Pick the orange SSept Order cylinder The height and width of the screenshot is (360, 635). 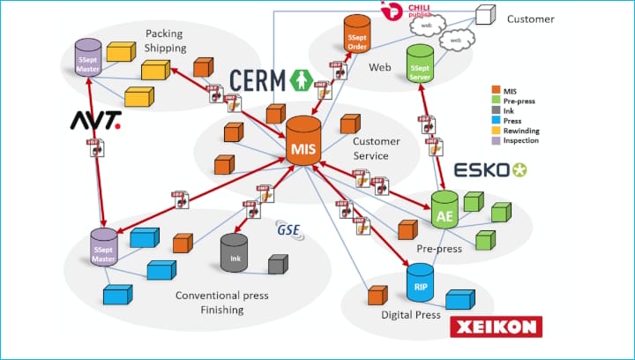pos(357,34)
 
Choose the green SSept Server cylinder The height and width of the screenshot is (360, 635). pos(420,65)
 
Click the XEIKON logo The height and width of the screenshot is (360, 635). pos(496,326)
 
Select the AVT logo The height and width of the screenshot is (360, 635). pos(94,118)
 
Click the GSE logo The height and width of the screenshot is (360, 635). pos(288,231)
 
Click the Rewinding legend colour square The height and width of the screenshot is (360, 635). pos(494,131)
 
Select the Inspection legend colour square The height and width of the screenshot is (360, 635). pos(494,141)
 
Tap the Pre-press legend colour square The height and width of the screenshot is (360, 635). pos(494,101)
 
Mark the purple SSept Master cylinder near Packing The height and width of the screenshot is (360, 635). pos(86,57)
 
